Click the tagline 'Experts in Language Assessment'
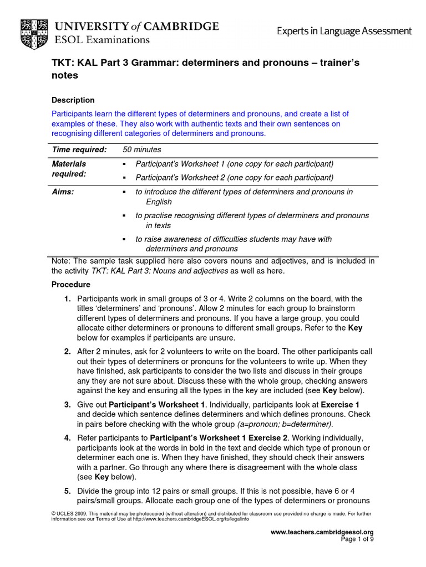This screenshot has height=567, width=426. click(x=344, y=32)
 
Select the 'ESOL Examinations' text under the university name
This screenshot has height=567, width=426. click(x=102, y=40)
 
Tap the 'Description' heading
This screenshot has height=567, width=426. click(x=73, y=100)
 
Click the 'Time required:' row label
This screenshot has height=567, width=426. click(x=79, y=150)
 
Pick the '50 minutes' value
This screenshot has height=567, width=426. click(x=141, y=150)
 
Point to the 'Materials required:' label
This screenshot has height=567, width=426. click(x=69, y=169)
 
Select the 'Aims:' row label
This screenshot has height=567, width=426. click(x=63, y=192)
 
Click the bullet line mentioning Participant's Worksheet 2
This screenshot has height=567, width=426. click(x=234, y=178)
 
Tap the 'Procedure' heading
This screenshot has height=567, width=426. click(x=70, y=285)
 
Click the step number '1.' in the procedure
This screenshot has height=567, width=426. click(x=67, y=298)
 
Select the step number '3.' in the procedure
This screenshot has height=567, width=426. click(x=67, y=404)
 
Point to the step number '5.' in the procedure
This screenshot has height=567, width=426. click(x=67, y=491)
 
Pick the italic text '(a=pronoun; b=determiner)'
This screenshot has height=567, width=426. click(x=285, y=424)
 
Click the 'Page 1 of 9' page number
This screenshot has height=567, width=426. click(x=357, y=539)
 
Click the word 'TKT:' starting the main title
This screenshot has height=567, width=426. click(x=62, y=63)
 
